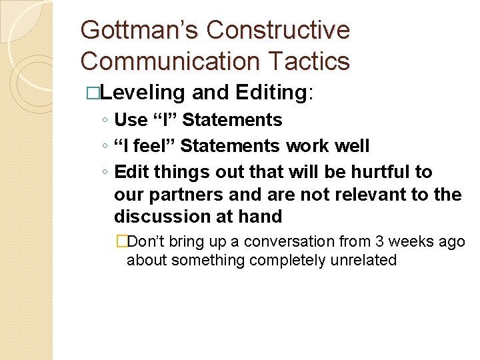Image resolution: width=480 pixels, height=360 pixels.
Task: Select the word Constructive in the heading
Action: point(278,31)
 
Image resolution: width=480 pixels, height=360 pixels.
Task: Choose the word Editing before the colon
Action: point(271,93)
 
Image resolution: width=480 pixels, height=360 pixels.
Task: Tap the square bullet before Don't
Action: point(121,242)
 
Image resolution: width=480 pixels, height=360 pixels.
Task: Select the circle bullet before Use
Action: point(105,121)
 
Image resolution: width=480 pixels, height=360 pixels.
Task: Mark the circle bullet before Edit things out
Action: point(105,173)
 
